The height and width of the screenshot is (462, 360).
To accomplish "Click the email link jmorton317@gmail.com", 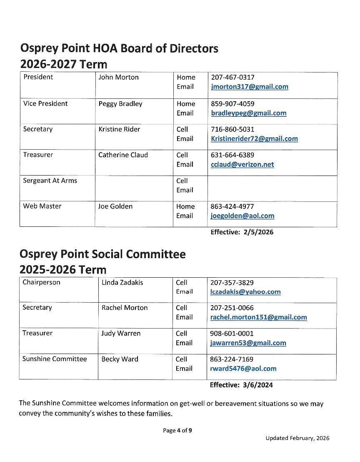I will click(250, 87).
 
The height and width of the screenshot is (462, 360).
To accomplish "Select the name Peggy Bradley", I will click(120, 104).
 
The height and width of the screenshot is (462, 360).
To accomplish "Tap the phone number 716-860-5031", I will click(232, 129).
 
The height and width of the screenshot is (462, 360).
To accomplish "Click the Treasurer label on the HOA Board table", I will click(38, 155).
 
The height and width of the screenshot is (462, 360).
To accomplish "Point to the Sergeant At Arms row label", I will click(50, 181).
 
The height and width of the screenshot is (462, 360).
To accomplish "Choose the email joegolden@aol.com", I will click(242, 216).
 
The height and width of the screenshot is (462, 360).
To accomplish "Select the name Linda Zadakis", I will click(122, 283).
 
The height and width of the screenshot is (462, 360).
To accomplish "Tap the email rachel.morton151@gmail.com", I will click(258, 317).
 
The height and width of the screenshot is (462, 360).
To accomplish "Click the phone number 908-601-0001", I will click(232, 334).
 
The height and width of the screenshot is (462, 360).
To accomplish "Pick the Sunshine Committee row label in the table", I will click(55, 359).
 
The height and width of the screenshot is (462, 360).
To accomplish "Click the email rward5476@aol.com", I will click(243, 369).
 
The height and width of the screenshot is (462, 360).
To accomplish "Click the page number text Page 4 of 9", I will click(177, 431).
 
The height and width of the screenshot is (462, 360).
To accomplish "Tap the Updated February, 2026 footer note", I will click(297, 438).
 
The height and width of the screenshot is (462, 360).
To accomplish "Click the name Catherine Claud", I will click(123, 155).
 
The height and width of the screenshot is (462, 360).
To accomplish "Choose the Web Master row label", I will click(42, 206).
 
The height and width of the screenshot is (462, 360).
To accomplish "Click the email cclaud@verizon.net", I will click(242, 165).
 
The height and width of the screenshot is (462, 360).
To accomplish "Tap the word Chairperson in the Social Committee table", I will click(41, 282).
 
